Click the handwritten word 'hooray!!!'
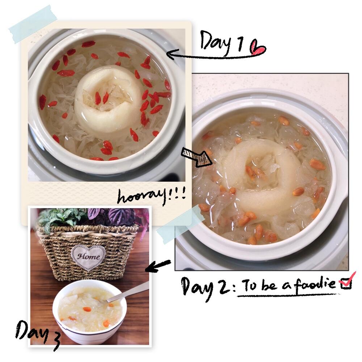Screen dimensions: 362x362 click(151, 197)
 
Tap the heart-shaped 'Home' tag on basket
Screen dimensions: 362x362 click(88, 257)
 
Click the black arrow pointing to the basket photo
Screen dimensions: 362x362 click(158, 266)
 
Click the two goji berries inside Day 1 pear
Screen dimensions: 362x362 click(102, 98)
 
